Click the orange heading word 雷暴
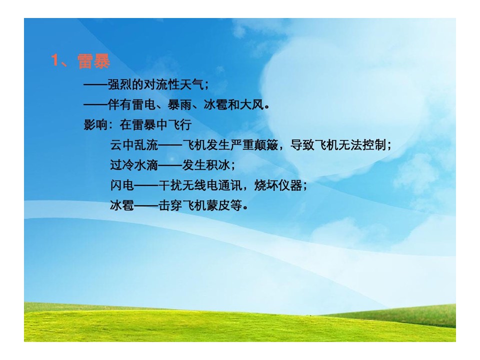click(93, 61)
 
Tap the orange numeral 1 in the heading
click(55, 60)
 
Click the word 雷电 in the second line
click(143, 104)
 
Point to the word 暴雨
click(179, 104)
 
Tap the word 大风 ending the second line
click(251, 104)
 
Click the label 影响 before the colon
click(95, 124)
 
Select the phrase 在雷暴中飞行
click(155, 124)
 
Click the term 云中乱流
click(134, 144)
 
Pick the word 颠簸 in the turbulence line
click(266, 144)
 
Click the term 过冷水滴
click(134, 164)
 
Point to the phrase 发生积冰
click(206, 164)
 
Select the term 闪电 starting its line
click(122, 185)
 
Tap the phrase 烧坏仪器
click(278, 185)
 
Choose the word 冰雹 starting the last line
click(122, 205)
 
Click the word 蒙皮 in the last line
click(218, 205)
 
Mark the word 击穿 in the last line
click(170, 205)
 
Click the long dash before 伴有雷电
click(95, 105)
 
